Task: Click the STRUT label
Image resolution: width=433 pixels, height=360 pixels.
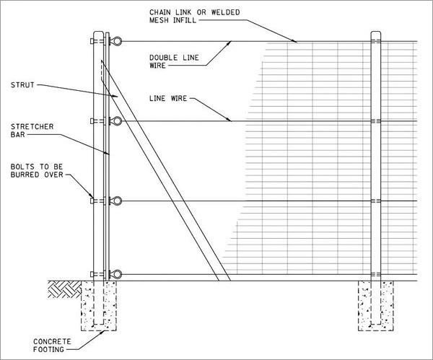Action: tap(22, 84)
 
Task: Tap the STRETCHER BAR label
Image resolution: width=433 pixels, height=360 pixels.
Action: tap(32, 131)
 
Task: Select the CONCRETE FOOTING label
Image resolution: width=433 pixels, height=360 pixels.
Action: tap(52, 346)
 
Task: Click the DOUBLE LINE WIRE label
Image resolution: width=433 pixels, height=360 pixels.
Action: tap(174, 61)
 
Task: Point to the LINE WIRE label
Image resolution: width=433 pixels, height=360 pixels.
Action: tap(168, 98)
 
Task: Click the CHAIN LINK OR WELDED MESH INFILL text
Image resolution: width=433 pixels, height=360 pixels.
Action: tap(194, 16)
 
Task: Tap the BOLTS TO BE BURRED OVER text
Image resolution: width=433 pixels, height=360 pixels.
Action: tap(37, 170)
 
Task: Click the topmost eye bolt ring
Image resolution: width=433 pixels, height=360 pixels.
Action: tap(116, 41)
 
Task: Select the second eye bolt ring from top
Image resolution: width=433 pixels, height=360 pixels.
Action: tap(116, 121)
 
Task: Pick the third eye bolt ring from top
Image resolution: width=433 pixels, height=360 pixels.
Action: tap(116, 201)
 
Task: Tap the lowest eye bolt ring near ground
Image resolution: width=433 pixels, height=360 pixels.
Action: tap(116, 274)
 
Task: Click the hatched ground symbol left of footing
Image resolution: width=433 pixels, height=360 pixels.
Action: tap(65, 289)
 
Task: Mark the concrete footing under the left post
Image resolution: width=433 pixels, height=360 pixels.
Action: tap(99, 306)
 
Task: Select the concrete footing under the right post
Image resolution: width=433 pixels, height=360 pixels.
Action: tap(376, 306)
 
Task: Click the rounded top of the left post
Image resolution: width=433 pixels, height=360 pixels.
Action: tap(98, 32)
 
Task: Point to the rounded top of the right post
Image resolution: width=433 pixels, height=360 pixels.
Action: tap(375, 32)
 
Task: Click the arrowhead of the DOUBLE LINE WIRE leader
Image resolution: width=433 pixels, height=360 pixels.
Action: tap(229, 43)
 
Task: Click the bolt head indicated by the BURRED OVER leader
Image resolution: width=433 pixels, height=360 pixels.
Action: tap(92, 201)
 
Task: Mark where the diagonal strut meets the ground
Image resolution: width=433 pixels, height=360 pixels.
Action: tap(224, 281)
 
